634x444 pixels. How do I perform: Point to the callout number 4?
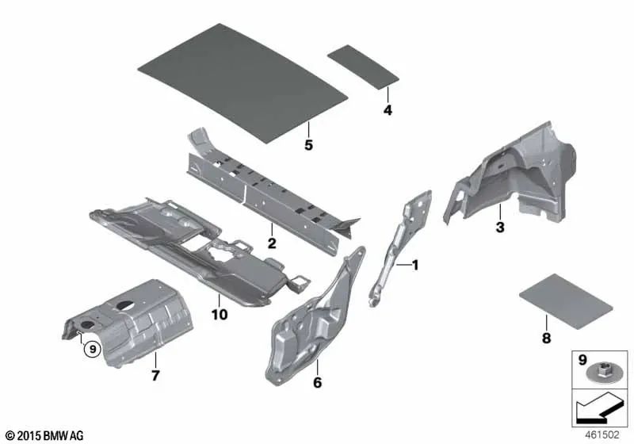(387, 111)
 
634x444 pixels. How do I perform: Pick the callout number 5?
(309, 144)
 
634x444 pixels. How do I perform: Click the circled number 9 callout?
(91, 347)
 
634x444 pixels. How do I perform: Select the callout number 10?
(219, 315)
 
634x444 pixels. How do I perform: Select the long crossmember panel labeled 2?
(262, 190)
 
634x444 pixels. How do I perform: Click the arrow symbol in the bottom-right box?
(599, 411)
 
